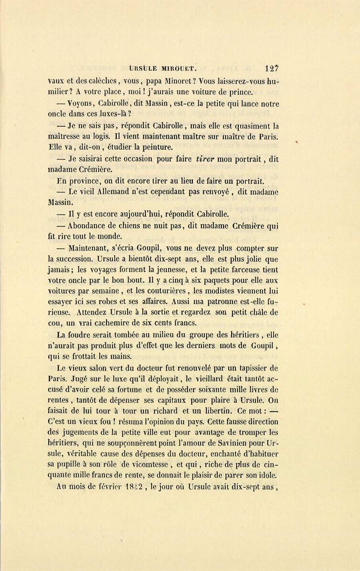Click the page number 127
271,68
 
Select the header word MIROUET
179,69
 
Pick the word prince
240,92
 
